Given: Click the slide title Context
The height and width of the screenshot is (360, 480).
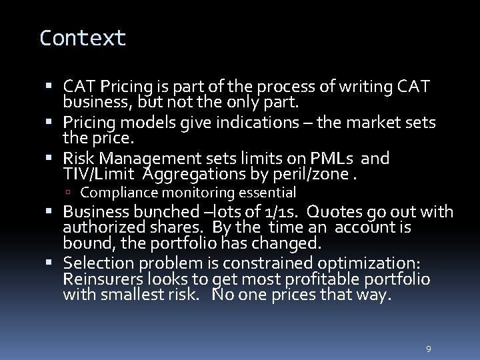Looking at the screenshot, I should (83, 38).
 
